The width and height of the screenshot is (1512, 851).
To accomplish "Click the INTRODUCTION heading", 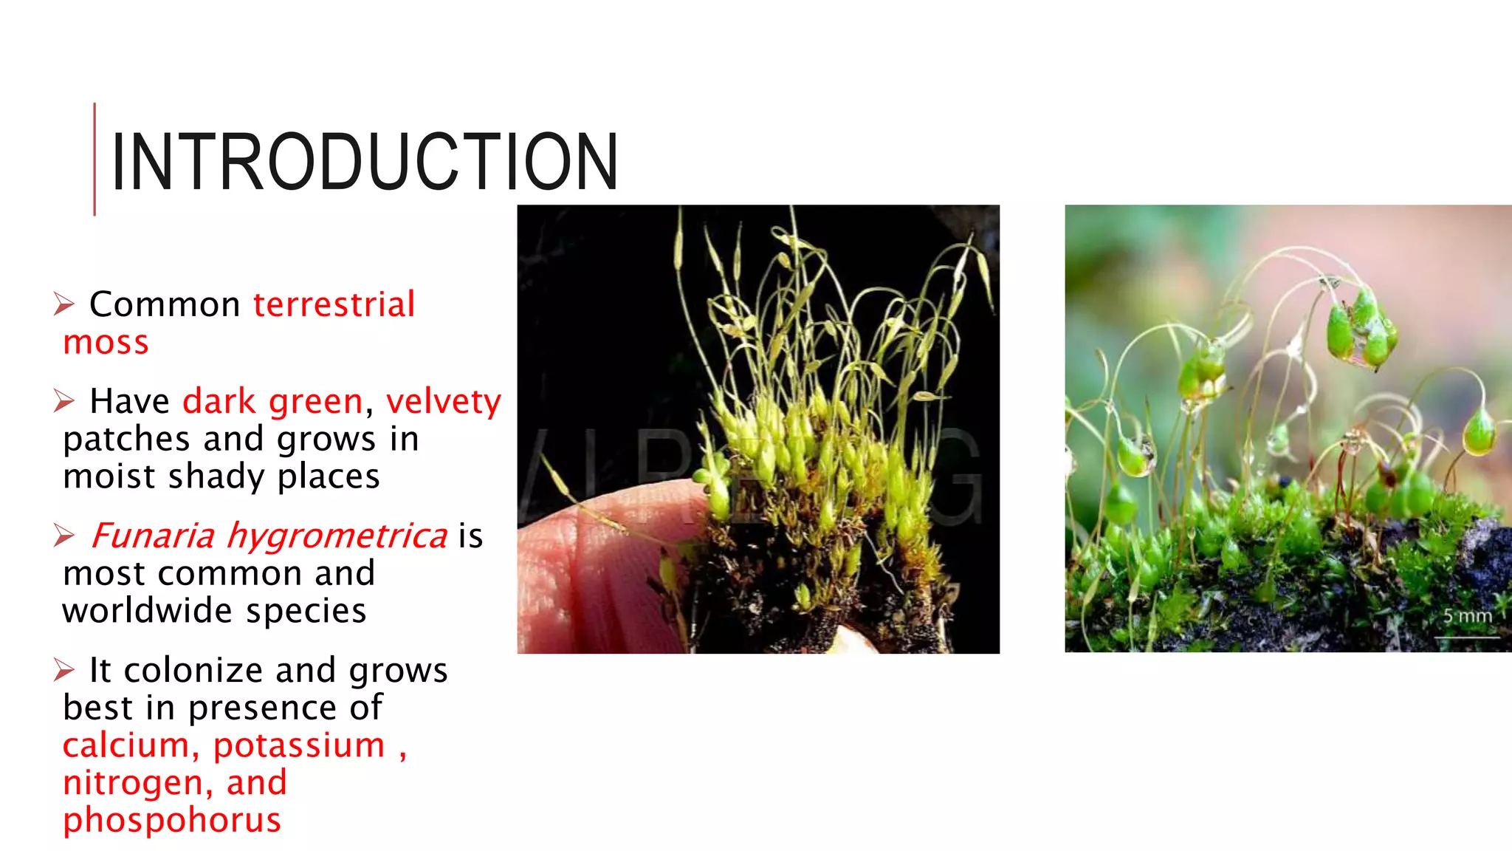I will coord(364,161).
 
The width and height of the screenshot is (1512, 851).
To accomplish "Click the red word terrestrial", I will coord(334,304).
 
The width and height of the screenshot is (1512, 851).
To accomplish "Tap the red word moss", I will coord(106,343).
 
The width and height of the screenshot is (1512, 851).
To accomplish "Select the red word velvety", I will coord(443,401).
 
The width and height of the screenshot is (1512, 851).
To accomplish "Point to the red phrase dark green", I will coord(272,401).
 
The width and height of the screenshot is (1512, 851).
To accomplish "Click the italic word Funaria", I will coord(153,536).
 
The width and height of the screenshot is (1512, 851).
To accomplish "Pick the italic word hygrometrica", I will coord(337,536).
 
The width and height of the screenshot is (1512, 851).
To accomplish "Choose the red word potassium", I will coord(299,745).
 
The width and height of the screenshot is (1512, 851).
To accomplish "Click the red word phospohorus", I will coord(172,820).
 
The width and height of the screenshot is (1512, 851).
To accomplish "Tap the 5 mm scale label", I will coord(1467,615).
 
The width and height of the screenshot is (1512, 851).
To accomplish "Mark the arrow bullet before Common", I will coord(64,304).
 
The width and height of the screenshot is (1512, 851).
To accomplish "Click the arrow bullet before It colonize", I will coord(64,670).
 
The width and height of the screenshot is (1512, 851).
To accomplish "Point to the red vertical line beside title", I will coord(94,159).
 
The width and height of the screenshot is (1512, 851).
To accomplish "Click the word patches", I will coord(127,439).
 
